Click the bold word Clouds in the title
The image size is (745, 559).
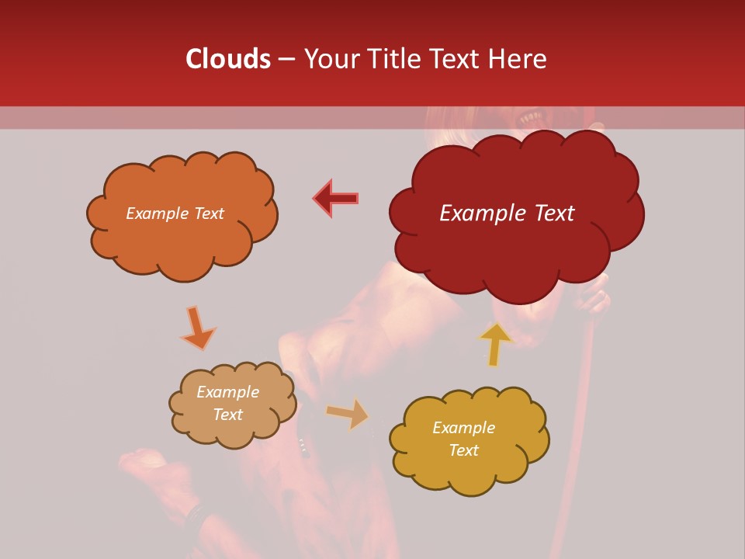click(x=228, y=59)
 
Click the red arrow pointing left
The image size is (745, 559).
click(x=336, y=198)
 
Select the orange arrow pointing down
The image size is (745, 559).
click(x=199, y=328)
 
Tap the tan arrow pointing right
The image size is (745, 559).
click(x=348, y=414)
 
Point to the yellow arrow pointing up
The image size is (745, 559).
click(x=495, y=344)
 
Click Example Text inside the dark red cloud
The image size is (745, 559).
click(x=507, y=214)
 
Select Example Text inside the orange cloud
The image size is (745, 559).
click(x=175, y=214)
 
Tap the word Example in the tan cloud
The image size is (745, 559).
click(x=227, y=392)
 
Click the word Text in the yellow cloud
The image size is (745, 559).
click(x=463, y=450)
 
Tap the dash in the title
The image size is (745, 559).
click(x=286, y=59)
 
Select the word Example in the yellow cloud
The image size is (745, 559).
click(x=463, y=428)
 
